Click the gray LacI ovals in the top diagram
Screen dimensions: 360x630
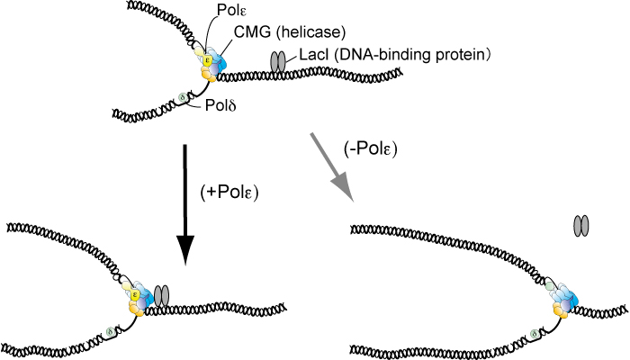pyautogui.click(x=279, y=62)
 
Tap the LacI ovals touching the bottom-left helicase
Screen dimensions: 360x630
pyautogui.click(x=162, y=293)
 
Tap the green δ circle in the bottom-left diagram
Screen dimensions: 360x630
pyautogui.click(x=110, y=332)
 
